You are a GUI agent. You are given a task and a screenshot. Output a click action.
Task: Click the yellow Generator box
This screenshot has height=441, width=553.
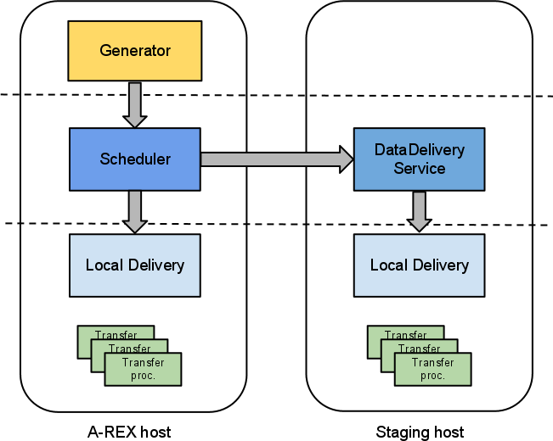pos(135,51)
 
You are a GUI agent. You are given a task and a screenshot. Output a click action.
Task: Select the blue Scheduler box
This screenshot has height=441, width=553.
pos(135,159)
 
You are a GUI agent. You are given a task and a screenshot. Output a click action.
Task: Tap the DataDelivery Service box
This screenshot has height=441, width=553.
pos(419,159)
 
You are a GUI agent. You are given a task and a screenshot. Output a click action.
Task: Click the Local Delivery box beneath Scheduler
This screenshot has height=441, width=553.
pos(135,265)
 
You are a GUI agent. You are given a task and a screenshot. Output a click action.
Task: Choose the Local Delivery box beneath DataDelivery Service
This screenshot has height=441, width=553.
pos(419,265)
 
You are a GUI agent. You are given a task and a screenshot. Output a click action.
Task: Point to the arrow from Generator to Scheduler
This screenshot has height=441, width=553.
pos(135,104)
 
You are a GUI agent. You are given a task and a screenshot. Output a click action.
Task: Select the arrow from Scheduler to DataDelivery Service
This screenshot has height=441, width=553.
pos(276,159)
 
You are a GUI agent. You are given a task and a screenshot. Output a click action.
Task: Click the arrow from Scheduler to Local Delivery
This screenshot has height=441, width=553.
pos(135,211)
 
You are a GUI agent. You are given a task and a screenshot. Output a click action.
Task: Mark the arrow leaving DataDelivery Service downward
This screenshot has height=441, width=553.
pos(419,211)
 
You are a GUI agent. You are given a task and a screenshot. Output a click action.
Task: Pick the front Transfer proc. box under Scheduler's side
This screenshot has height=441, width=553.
pos(143,370)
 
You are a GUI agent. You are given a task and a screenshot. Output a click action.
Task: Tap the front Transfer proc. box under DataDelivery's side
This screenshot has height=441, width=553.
pos(432,370)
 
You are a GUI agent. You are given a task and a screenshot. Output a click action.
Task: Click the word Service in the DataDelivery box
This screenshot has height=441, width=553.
pos(420,169)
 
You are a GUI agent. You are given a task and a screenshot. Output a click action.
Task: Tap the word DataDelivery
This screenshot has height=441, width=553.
pos(420,150)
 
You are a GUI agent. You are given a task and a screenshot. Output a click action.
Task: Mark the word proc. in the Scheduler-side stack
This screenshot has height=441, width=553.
pos(143,376)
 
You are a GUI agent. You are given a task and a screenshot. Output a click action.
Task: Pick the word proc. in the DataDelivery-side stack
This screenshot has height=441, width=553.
pos(432,376)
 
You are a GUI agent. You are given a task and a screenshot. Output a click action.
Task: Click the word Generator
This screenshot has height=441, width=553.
pos(135,51)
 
